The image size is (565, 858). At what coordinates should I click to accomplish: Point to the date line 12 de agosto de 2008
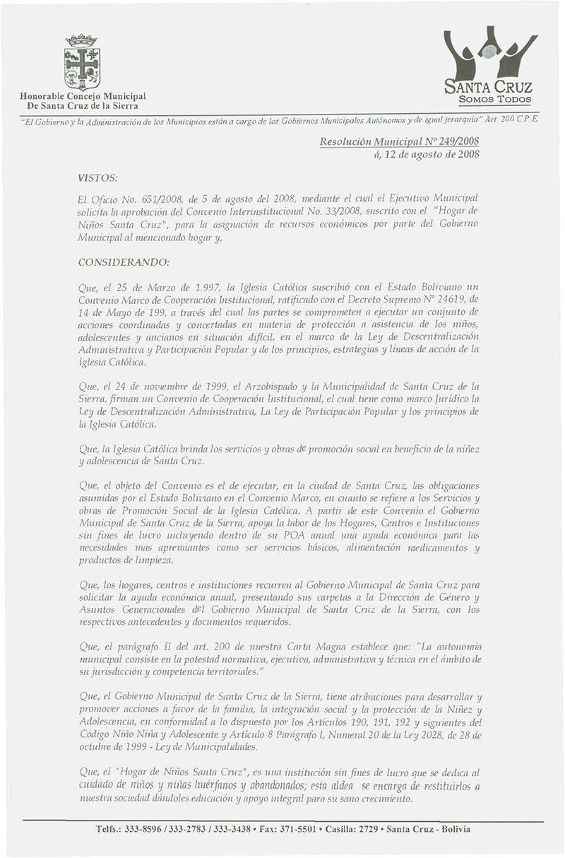tap(421, 156)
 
